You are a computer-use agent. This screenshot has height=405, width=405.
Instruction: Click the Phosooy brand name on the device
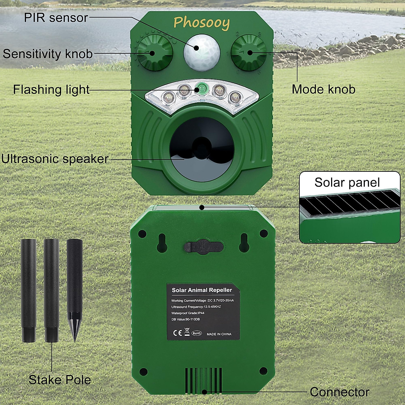[x=201, y=23]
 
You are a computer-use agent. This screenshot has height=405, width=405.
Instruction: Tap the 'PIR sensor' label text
[x=56, y=18]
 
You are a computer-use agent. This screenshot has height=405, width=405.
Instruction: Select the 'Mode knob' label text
[x=323, y=89]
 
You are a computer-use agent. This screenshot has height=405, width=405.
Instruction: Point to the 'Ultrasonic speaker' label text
[x=55, y=159]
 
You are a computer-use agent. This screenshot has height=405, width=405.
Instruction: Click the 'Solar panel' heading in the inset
[x=347, y=182]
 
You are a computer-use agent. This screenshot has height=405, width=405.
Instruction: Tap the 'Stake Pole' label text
[x=60, y=380]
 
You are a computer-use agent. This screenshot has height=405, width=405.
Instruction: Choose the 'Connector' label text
[x=339, y=392]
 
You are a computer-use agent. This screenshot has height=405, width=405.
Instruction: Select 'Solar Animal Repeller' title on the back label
[x=202, y=290]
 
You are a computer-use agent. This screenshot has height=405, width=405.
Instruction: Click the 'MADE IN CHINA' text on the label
[x=219, y=334]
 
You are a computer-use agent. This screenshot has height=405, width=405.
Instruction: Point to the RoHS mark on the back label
[x=196, y=333]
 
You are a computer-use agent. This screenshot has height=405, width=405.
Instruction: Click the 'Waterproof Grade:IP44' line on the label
[x=188, y=313]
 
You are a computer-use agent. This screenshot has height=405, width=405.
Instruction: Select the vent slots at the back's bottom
[x=204, y=380]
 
